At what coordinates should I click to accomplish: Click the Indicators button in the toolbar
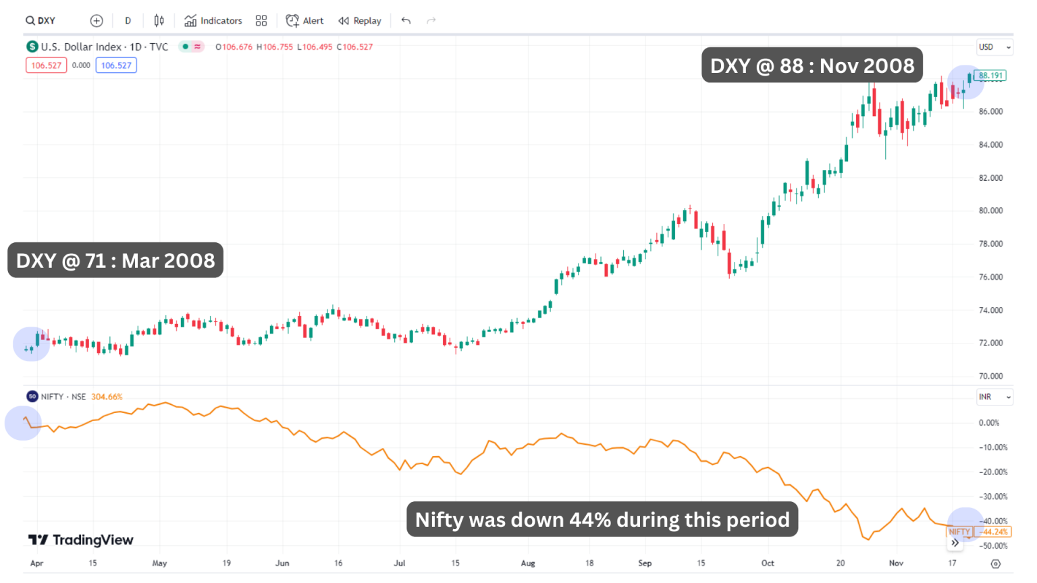213,21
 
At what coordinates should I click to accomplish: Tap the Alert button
305,21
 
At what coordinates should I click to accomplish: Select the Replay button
360,21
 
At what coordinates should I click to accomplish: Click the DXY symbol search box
41,21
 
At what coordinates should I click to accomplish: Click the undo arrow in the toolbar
406,21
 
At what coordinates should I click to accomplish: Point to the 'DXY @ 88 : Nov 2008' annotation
812,65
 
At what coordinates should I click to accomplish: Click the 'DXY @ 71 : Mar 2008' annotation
115,260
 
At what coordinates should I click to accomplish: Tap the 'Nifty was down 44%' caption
602,520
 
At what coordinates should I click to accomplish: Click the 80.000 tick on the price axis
990,211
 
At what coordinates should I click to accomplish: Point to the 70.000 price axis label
990,376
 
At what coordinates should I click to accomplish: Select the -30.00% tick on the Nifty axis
992,497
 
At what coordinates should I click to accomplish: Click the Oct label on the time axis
768,563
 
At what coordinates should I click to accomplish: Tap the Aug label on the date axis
528,563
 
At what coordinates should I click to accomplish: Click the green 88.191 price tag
990,76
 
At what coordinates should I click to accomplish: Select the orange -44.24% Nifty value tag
994,532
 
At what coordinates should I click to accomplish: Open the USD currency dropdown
994,47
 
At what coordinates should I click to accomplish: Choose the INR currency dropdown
994,397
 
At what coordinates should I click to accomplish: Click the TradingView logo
81,540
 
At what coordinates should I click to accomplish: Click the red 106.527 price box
46,65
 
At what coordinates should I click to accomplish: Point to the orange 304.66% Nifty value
107,397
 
